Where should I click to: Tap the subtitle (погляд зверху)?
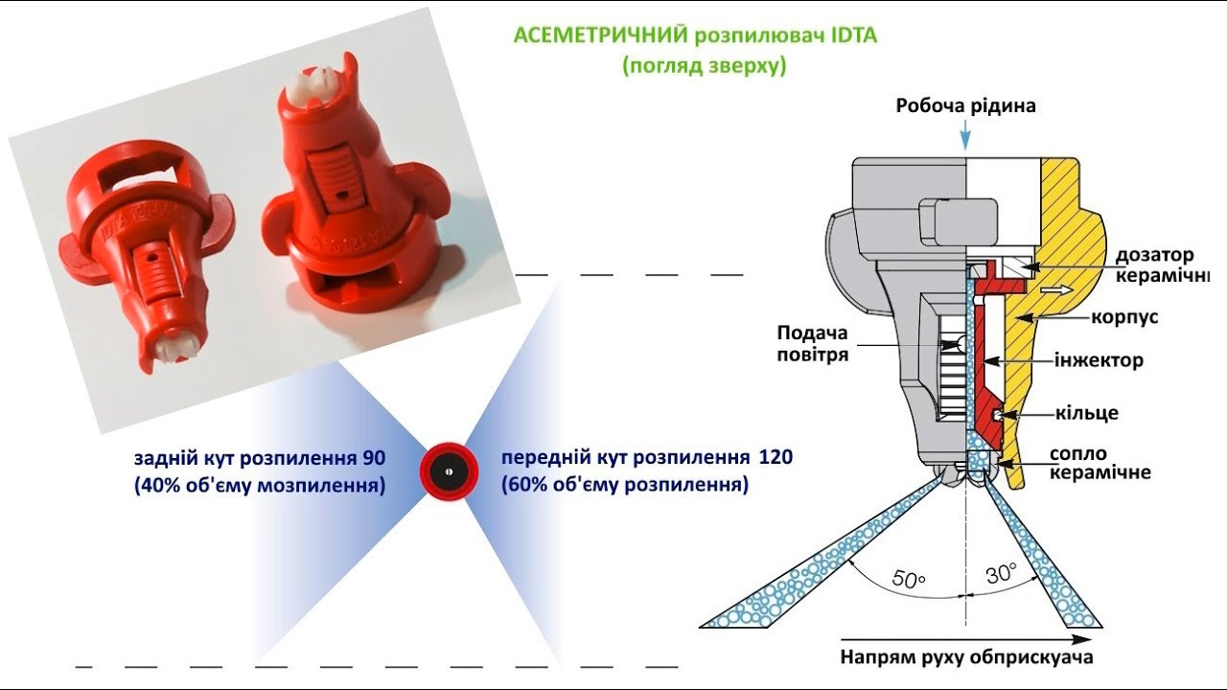tap(704, 65)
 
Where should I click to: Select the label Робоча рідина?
tap(965, 106)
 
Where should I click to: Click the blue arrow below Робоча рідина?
tap(965, 138)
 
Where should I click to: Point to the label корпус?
tap(1124, 317)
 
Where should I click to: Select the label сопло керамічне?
tap(1100, 463)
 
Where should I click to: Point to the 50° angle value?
tap(908, 579)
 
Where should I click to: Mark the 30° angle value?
tap(1001, 574)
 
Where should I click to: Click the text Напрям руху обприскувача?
tap(966, 657)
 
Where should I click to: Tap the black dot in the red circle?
tap(449, 471)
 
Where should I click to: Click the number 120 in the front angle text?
tap(776, 457)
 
